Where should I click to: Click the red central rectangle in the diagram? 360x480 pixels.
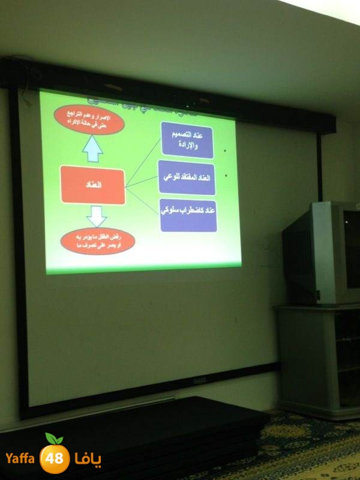pyautogui.click(x=93, y=186)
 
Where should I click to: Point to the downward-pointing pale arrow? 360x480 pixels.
pyautogui.click(x=97, y=216)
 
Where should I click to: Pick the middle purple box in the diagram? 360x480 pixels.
pyautogui.click(x=187, y=178)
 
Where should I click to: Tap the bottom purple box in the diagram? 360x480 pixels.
pyautogui.click(x=188, y=215)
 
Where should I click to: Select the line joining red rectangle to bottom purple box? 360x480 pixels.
pyautogui.click(x=143, y=199)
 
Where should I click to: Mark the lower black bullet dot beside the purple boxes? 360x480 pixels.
pyautogui.click(x=226, y=176)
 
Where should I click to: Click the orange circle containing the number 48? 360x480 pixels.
pyautogui.click(x=55, y=459)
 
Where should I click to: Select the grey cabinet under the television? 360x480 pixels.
pyautogui.click(x=318, y=360)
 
